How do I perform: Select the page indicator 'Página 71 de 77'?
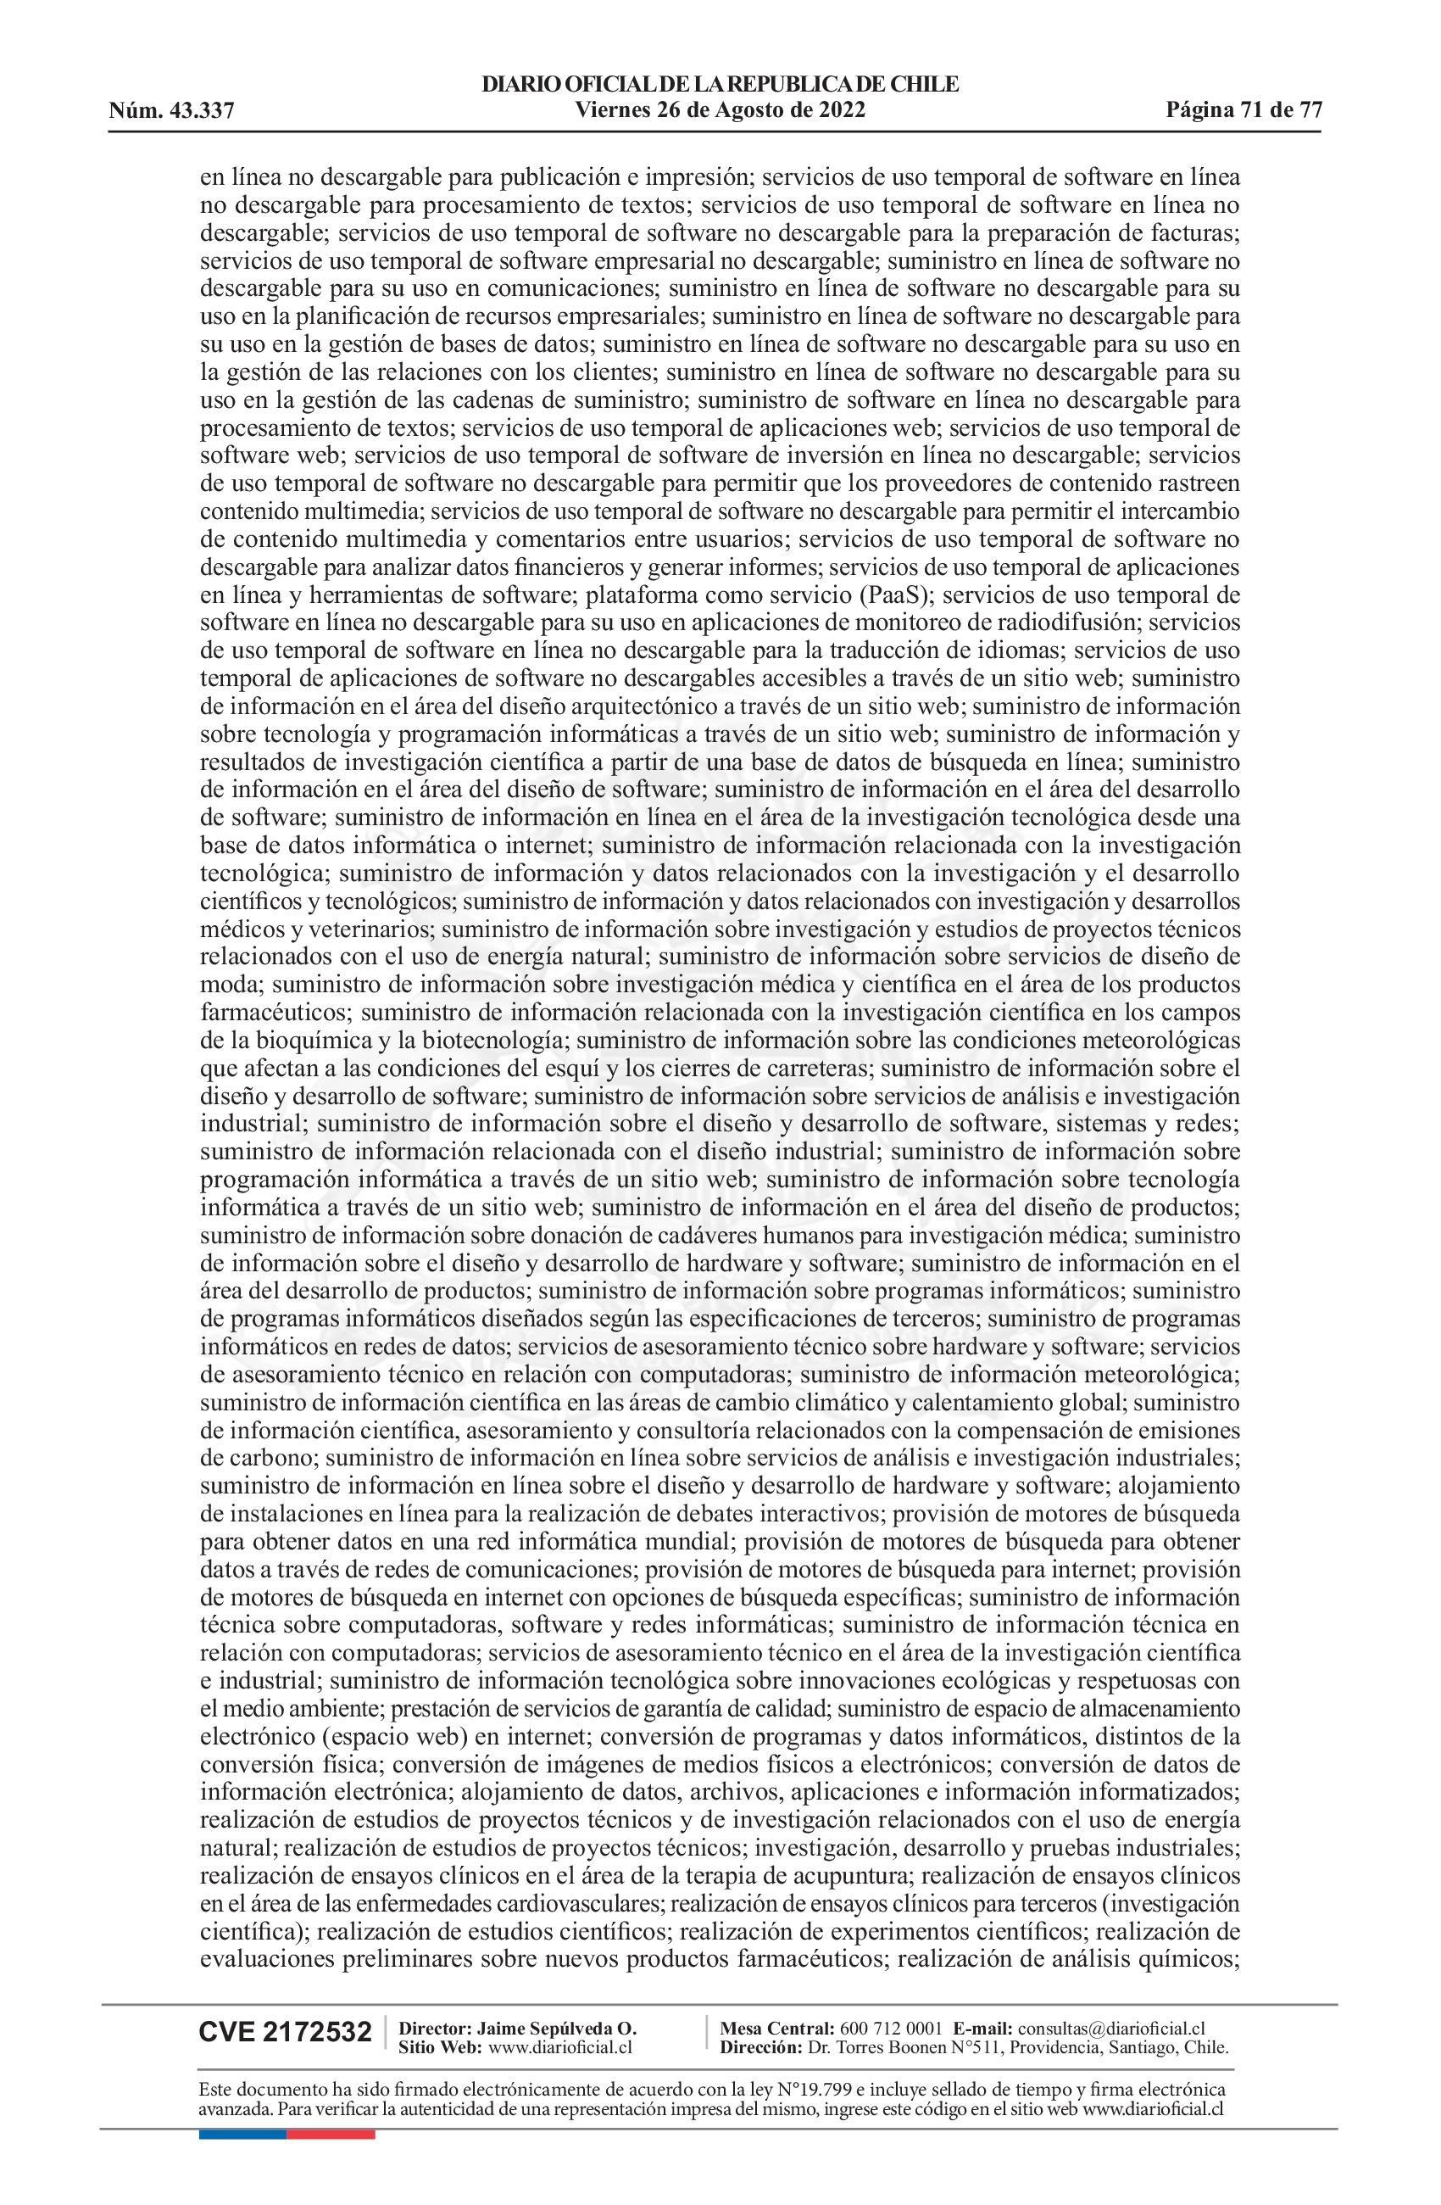(1243, 110)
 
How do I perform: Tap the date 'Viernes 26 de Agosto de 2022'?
(720, 110)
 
